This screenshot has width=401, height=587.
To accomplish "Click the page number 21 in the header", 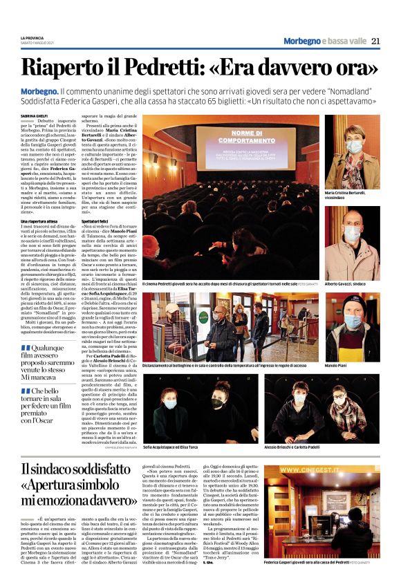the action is pos(375,41).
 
